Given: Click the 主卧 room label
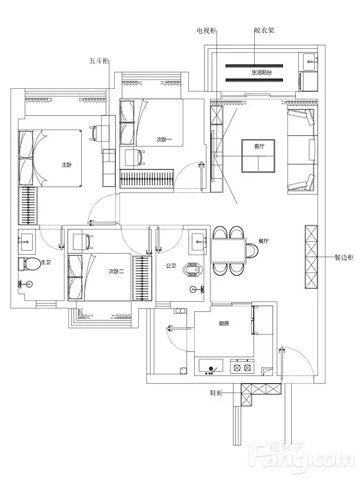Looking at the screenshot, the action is pos(66,165).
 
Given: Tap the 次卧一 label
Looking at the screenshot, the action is pos(164,139).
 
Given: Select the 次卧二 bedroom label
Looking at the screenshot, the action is pos(116,271).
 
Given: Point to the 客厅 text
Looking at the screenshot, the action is pos(259,147).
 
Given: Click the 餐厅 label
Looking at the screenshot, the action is pos(264,241).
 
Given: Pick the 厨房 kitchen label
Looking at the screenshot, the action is pos(224,324).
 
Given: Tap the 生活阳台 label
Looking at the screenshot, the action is pos(262,73).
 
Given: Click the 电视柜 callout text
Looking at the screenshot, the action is pos(206,31).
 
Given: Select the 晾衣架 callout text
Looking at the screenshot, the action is pos(264,30).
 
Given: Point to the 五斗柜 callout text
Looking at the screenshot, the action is pos(99,61).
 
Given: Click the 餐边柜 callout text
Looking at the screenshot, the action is pos(344,258).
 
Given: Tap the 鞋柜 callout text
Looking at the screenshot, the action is pos(216,393).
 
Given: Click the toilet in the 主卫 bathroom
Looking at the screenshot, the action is pos(29,264).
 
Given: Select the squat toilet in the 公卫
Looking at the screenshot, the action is pos(193,269).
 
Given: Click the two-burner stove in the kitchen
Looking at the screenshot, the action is pos(242,365).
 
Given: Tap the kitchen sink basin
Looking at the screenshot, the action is pos(211,365).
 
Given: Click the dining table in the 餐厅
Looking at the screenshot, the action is pos(228,251).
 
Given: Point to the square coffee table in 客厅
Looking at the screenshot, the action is pos(258,156).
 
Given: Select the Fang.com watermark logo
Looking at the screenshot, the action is pos(302,456).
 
